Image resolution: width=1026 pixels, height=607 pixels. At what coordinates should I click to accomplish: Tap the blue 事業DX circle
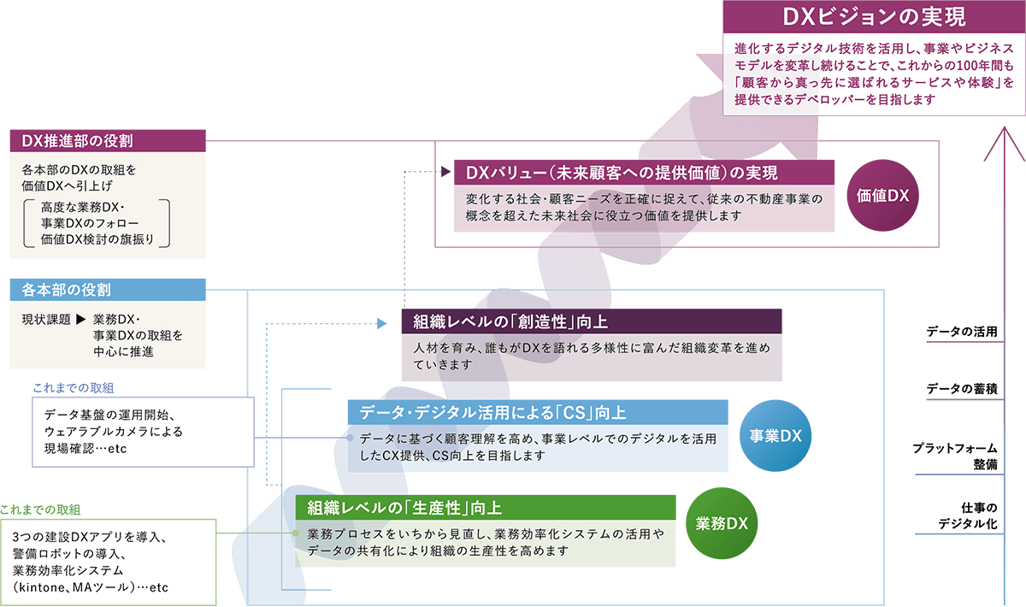[x=775, y=435]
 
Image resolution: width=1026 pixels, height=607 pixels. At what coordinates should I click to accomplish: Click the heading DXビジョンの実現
[x=874, y=17]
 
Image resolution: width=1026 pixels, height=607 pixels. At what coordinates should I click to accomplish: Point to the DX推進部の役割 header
[x=108, y=140]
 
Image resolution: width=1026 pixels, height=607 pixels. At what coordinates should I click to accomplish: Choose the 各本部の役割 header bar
[x=108, y=290]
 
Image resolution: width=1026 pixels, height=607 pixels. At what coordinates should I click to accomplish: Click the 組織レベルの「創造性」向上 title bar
[x=592, y=321]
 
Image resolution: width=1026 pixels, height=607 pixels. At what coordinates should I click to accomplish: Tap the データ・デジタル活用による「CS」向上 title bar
[x=537, y=412]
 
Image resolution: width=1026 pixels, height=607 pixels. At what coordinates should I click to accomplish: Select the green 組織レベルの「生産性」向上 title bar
[x=485, y=507]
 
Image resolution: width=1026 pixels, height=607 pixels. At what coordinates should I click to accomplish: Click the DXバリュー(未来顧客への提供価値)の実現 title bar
[x=645, y=172]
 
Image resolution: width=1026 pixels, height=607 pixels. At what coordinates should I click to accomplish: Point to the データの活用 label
[x=962, y=332]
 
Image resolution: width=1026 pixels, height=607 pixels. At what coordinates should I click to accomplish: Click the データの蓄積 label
[x=962, y=389]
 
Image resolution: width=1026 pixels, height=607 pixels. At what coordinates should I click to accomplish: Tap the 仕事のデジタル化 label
[x=967, y=516]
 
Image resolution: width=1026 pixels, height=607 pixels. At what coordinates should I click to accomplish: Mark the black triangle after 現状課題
[x=80, y=320]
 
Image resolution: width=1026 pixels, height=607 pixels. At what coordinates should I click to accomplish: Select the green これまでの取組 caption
[x=40, y=510]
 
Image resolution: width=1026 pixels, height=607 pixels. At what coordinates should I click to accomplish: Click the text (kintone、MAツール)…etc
[x=91, y=587]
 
